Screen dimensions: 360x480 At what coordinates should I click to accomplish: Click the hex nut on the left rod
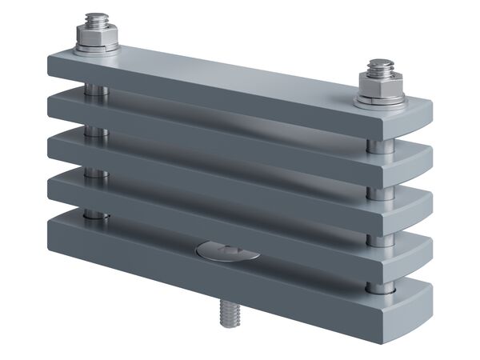pos(97,37)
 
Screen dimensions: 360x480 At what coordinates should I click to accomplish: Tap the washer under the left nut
pos(97,50)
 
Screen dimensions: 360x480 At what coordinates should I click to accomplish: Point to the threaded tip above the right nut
pos(379,66)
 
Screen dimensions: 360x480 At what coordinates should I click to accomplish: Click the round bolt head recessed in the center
pos(227,252)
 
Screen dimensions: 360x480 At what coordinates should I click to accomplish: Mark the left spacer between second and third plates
pos(96,130)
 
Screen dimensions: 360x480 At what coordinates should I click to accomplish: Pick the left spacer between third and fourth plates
pos(96,172)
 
